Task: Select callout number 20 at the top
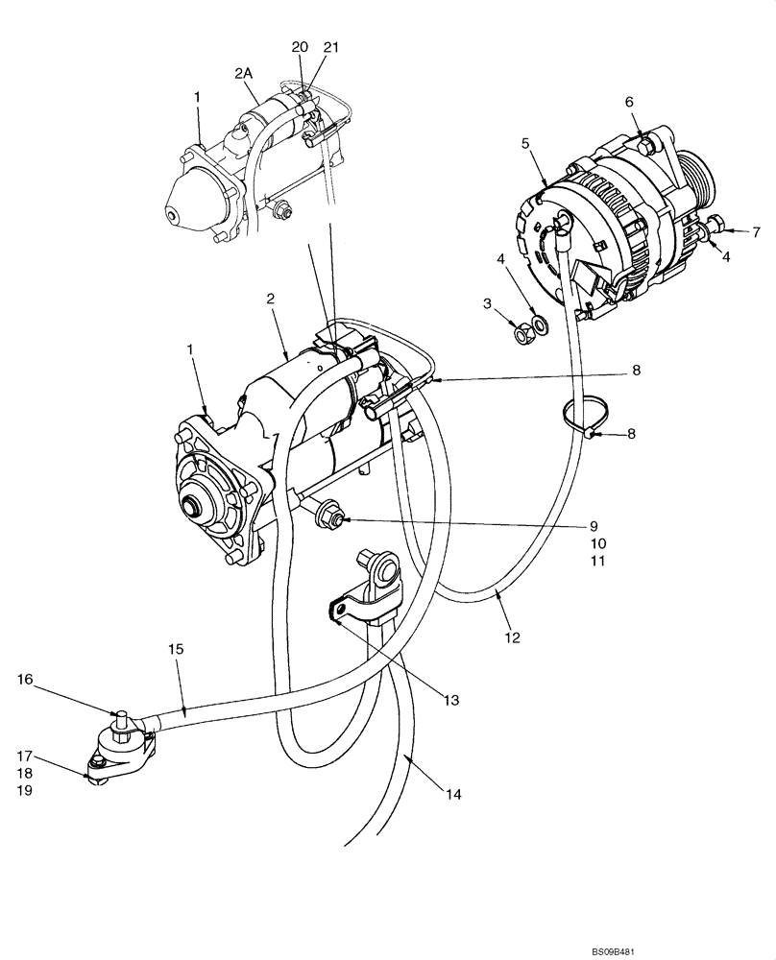point(300,48)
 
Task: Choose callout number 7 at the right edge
point(755,231)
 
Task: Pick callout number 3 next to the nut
point(488,304)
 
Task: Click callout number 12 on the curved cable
point(512,636)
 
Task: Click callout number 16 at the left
point(25,680)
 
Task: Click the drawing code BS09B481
point(734,950)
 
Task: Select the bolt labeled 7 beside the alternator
point(715,228)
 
